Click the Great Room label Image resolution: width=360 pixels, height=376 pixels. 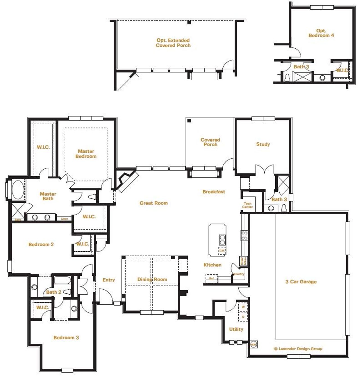(x=154, y=203)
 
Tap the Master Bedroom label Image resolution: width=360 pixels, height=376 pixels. (x=86, y=154)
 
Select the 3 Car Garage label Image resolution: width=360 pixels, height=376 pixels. (x=301, y=282)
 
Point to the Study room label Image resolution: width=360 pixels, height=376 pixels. (x=263, y=144)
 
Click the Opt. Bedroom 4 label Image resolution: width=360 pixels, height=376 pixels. (x=321, y=33)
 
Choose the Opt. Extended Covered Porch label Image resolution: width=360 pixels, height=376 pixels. (x=173, y=43)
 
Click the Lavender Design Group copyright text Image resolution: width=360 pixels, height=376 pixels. (x=298, y=349)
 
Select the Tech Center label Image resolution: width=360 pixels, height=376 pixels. (x=247, y=205)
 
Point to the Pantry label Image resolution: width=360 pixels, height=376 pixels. (x=239, y=274)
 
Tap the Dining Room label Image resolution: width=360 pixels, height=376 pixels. (x=152, y=280)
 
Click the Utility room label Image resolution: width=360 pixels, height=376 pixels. (x=236, y=329)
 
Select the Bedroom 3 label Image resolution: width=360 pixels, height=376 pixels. (x=66, y=337)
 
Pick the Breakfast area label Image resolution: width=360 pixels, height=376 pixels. (x=214, y=192)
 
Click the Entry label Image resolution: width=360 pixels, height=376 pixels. (x=109, y=280)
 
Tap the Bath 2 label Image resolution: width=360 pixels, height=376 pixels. (x=53, y=292)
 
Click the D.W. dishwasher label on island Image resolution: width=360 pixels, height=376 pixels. (x=222, y=251)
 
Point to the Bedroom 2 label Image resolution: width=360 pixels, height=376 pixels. (x=41, y=244)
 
